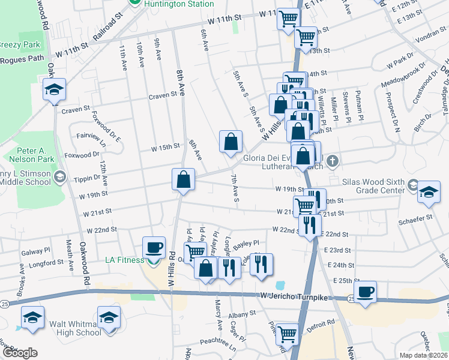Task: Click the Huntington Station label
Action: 178,4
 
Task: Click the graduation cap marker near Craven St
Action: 55,90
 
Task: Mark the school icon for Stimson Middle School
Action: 59,176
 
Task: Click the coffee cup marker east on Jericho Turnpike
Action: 364,292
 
